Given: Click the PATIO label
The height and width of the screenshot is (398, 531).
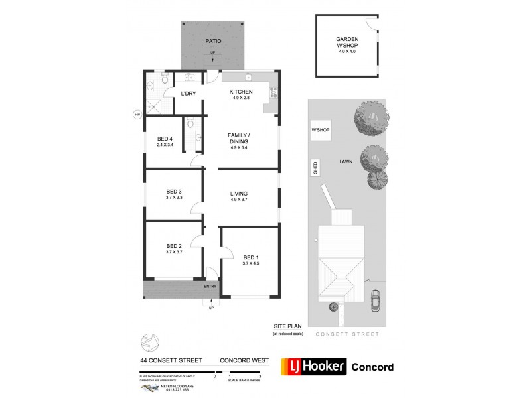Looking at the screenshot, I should (x=213, y=42).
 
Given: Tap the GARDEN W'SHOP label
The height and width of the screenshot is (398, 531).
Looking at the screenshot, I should (x=346, y=43).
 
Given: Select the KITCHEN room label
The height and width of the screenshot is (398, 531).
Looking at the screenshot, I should (x=240, y=92).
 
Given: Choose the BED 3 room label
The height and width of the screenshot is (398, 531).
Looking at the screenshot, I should (x=174, y=192).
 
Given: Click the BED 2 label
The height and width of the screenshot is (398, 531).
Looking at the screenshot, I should (x=174, y=246).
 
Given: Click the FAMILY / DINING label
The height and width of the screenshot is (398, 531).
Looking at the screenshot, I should (x=240, y=138).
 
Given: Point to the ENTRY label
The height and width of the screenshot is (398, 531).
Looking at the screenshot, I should (x=210, y=286).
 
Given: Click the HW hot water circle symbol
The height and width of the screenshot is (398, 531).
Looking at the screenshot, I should (x=137, y=113).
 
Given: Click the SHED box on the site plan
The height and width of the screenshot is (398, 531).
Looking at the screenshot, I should (x=315, y=168).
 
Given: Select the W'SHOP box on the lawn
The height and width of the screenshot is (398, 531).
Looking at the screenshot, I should (x=321, y=130).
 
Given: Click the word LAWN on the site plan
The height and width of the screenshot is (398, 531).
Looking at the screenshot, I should (x=346, y=161).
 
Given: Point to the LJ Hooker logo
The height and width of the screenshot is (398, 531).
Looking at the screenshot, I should (x=314, y=367).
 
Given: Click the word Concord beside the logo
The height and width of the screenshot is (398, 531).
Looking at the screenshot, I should (x=372, y=367).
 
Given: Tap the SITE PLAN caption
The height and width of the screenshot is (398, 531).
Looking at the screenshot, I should (x=287, y=326).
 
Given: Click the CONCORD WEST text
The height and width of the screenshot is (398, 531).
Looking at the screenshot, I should (x=244, y=361).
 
